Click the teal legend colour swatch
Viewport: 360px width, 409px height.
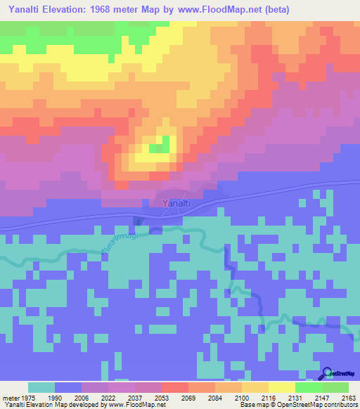pos(41,387)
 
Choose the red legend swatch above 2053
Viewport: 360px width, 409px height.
pos(174,387)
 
